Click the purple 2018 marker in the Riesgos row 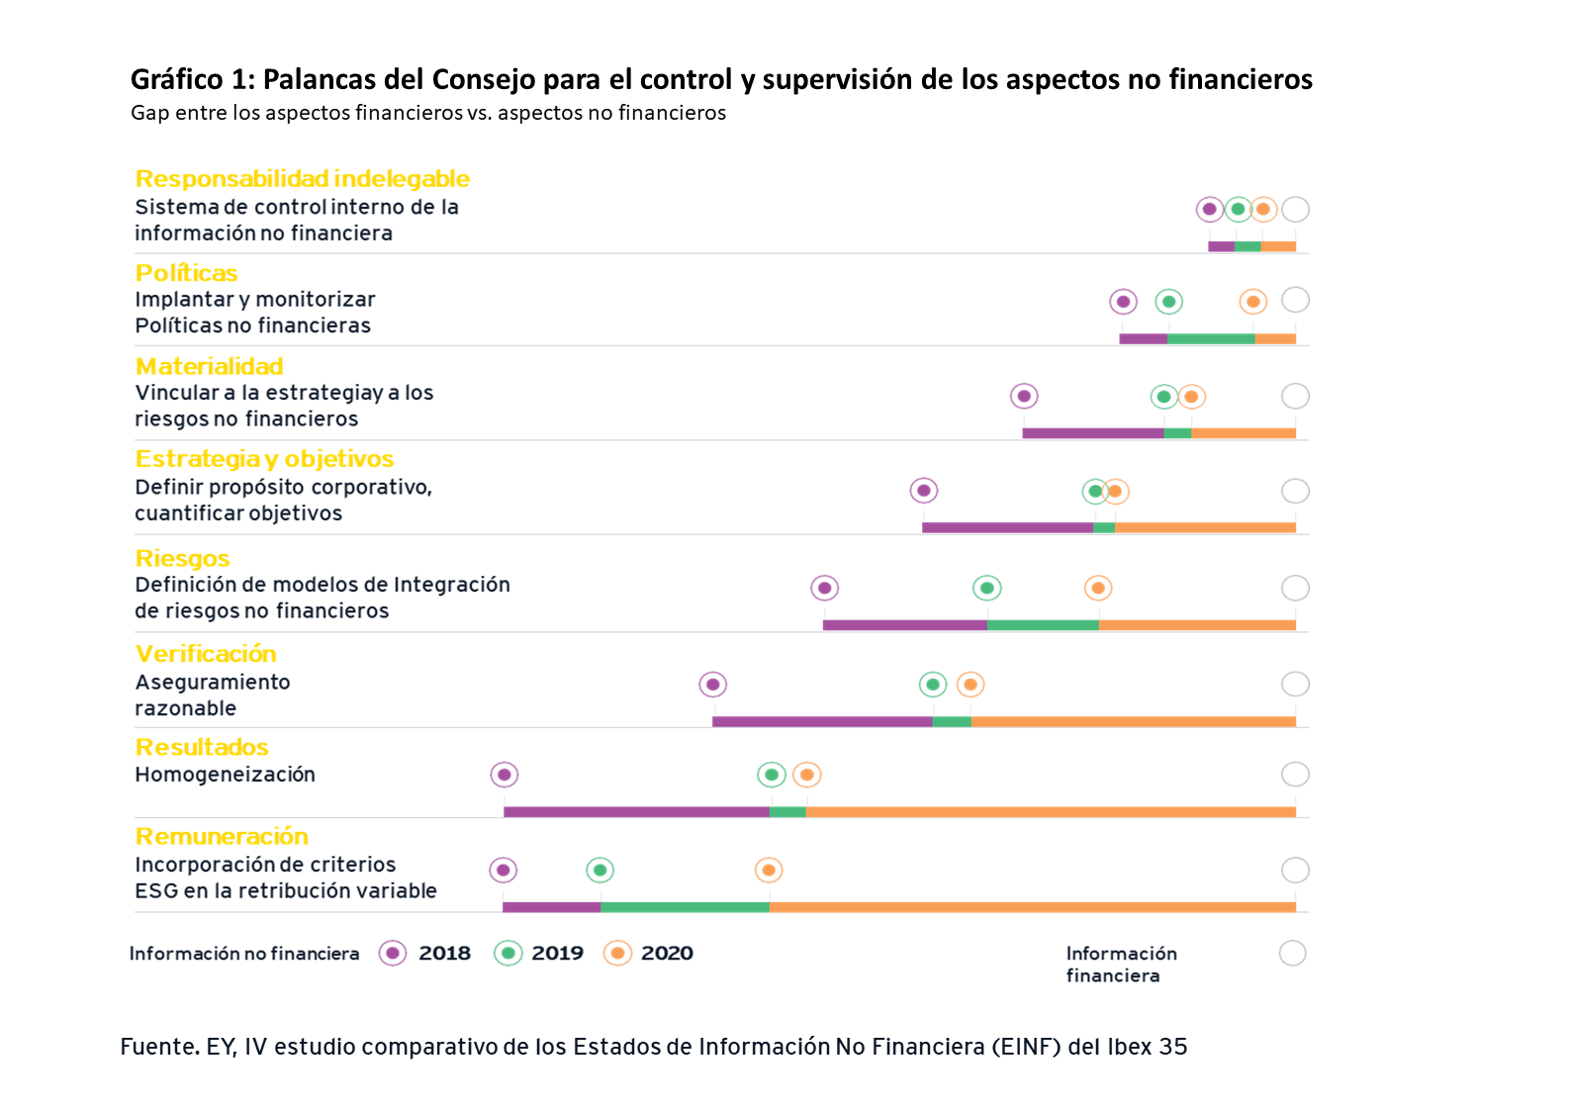(824, 588)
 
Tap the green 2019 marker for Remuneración (600, 870)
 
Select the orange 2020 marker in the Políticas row (1252, 302)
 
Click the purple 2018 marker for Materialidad (1024, 396)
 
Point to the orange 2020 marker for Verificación (970, 684)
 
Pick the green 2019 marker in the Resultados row (772, 775)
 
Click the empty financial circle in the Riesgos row (1295, 588)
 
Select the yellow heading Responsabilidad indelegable (302, 179)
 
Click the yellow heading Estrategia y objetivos (264, 459)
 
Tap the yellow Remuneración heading (222, 837)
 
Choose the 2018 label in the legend (444, 954)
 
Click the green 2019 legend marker (508, 954)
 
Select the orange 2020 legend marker (617, 954)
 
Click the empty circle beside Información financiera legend (1292, 954)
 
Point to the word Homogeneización (225, 775)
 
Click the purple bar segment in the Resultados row (636, 812)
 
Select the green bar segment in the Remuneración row (685, 907)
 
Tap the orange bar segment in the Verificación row (1133, 722)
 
